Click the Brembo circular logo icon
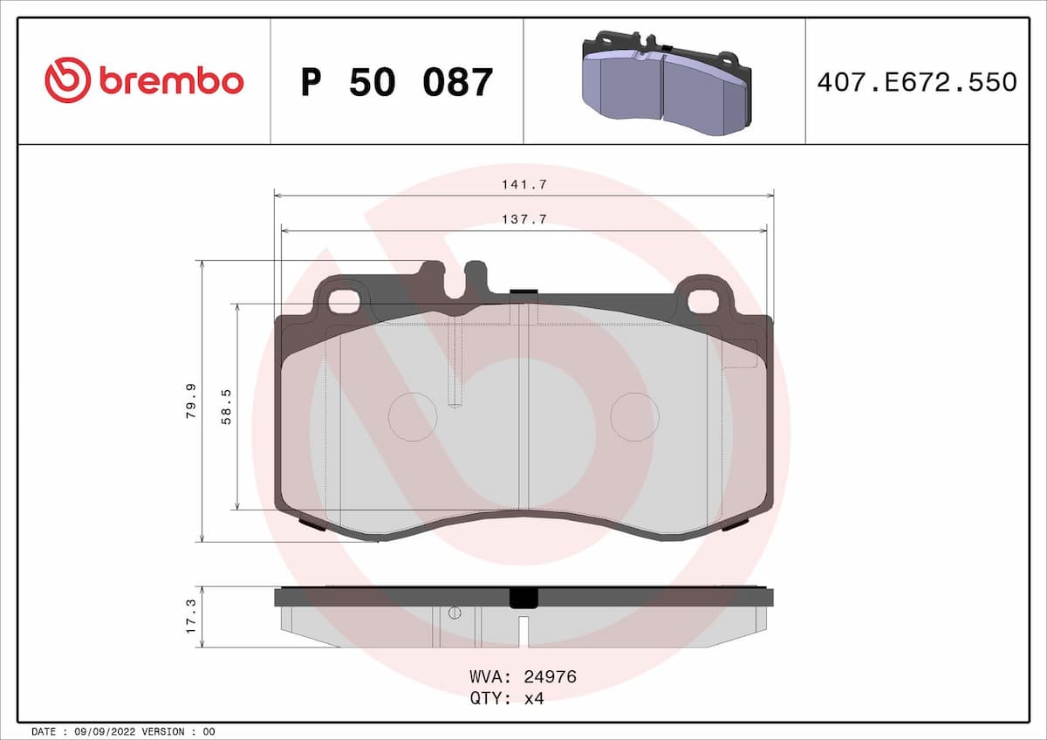(67, 80)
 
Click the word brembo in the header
(171, 81)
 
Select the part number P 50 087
(397, 82)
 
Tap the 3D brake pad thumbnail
(665, 80)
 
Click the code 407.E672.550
(916, 82)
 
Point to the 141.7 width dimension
(524, 185)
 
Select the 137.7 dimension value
(524, 220)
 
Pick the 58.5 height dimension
(227, 407)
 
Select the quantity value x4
(533, 698)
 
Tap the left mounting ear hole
(345, 301)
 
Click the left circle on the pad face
(412, 416)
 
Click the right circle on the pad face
(634, 416)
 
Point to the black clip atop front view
(523, 291)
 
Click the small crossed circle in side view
(454, 613)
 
